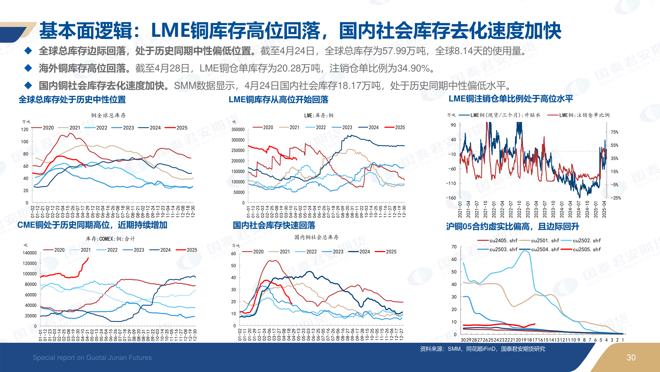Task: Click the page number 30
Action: [631, 358]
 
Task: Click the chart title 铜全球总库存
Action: [108, 115]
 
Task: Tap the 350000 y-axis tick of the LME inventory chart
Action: [238, 130]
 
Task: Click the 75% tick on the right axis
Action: [614, 132]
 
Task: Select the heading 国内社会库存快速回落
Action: [274, 226]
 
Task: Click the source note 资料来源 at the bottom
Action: [482, 349]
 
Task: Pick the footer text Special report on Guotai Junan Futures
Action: [92, 358]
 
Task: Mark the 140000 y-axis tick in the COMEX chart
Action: [30, 253]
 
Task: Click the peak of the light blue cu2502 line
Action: [525, 251]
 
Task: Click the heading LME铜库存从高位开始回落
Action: [278, 100]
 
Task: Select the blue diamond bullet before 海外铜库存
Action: [28, 68]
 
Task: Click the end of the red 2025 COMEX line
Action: [88, 258]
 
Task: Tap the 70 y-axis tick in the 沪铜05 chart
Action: [454, 247]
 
